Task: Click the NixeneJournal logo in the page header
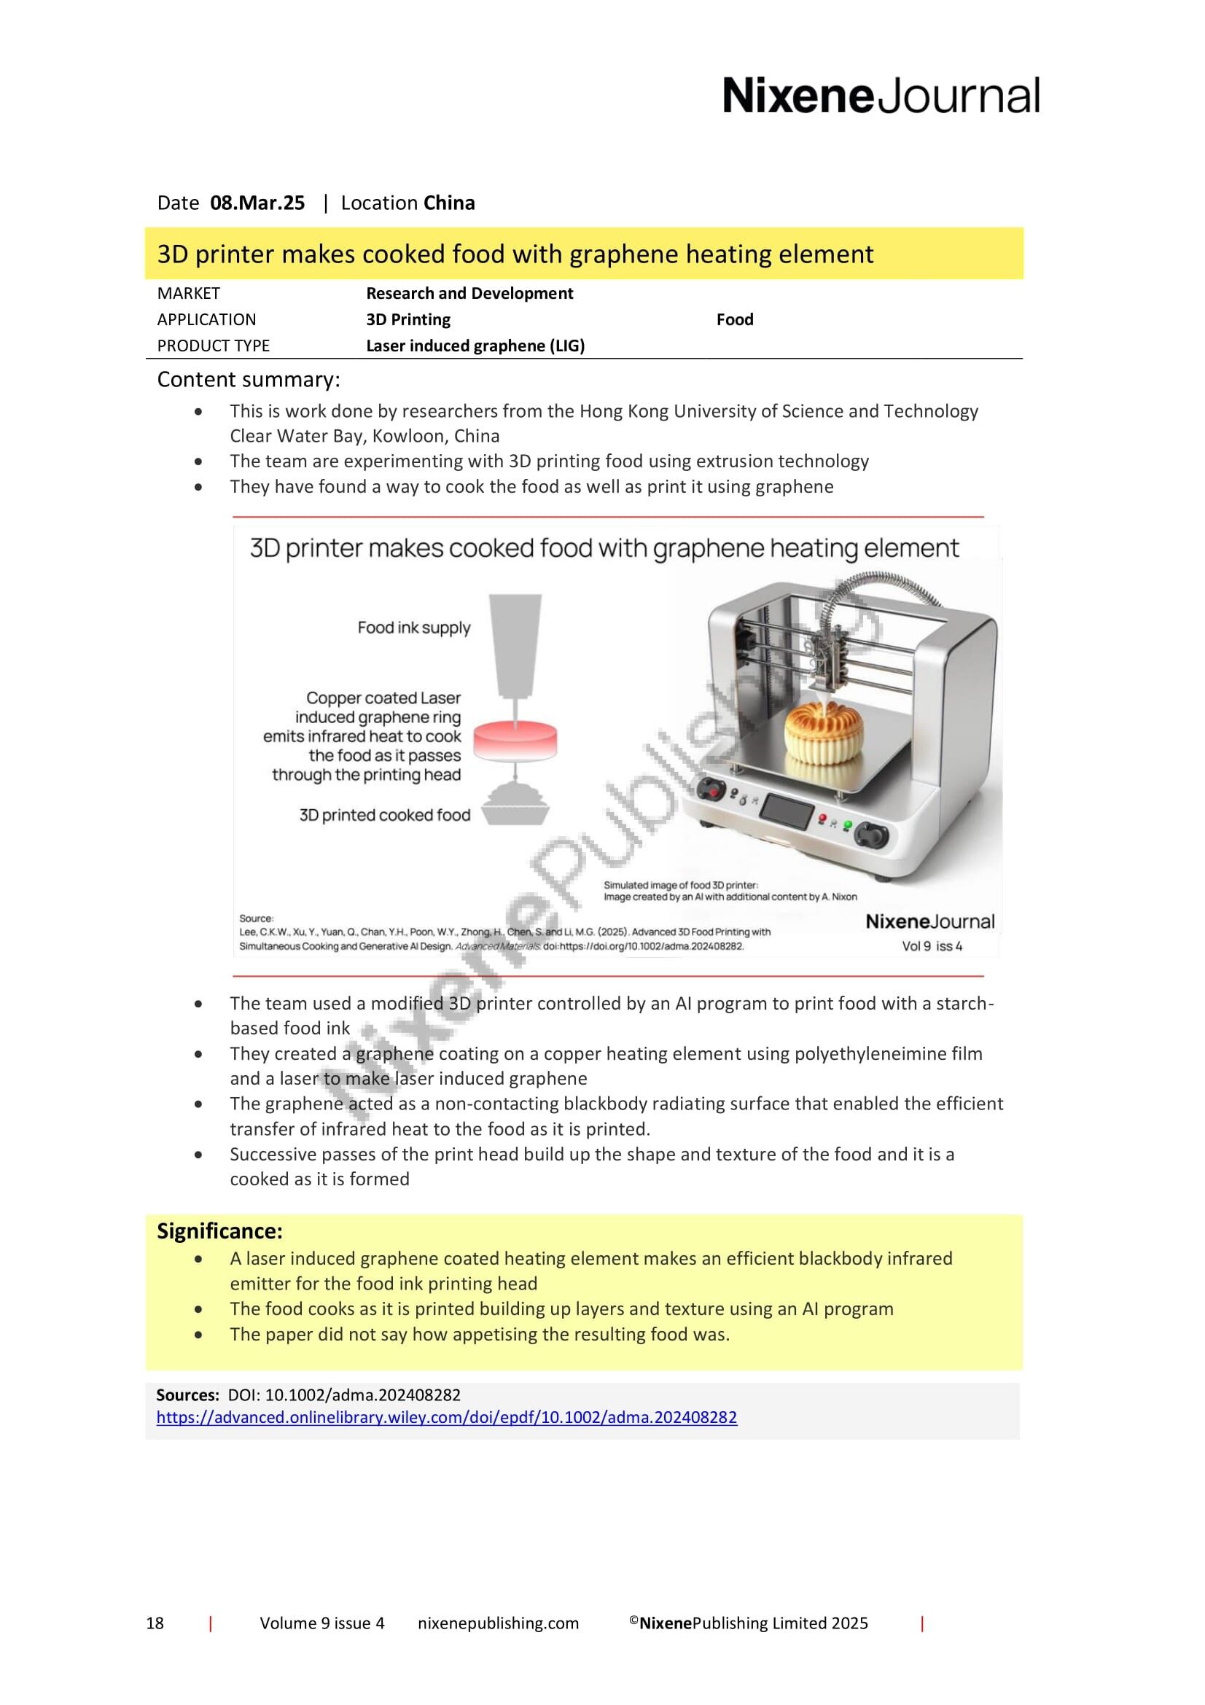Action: point(881,96)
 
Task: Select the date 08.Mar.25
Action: point(257,203)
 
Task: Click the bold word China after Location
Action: point(448,203)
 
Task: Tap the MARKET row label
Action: point(189,293)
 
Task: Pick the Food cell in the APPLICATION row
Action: point(734,319)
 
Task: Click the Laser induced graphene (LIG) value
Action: point(475,346)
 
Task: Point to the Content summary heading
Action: point(248,380)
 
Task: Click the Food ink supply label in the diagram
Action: point(413,628)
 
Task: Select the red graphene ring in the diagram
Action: point(515,740)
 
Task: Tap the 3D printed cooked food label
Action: point(385,815)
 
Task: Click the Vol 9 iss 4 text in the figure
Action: point(932,946)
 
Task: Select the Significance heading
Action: point(219,1231)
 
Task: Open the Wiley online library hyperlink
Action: point(446,1417)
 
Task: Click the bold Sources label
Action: point(187,1394)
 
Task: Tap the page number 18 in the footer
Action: point(155,1644)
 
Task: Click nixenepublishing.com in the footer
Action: point(498,1644)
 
